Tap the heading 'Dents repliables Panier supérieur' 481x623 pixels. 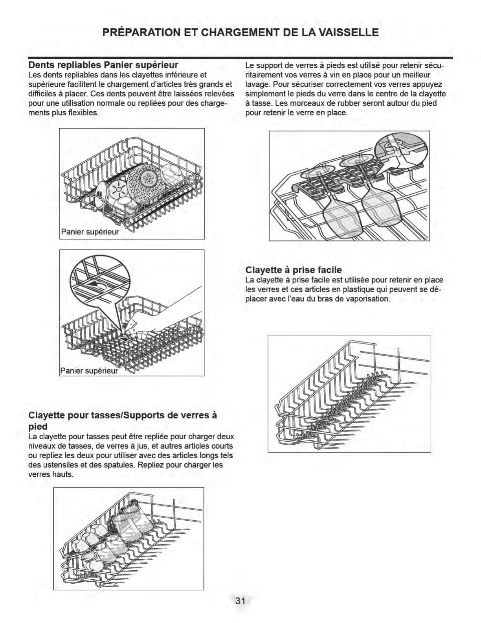pos(103,65)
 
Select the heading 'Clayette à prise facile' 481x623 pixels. pos(294,270)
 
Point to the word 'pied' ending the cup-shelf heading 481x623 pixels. pos(38,427)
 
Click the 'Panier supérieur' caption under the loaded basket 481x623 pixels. pos(90,232)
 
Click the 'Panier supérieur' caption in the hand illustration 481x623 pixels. pos(89,371)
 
